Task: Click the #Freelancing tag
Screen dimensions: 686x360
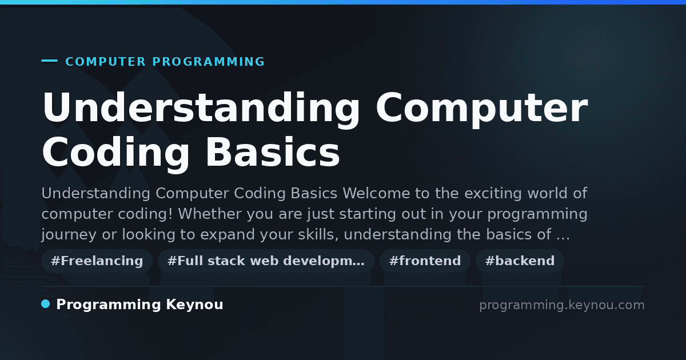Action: coord(97,261)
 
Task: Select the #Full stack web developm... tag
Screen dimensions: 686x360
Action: coord(266,261)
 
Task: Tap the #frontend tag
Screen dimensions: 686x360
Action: coord(425,261)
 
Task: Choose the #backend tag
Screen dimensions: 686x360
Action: coord(520,261)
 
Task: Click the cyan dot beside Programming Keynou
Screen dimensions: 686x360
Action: coord(45,304)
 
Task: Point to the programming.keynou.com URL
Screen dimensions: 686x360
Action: coord(562,305)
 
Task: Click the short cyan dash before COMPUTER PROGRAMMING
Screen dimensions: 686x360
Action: coord(49,61)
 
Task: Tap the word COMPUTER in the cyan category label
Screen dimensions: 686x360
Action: coord(106,62)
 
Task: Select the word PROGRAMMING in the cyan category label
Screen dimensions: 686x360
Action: coord(209,62)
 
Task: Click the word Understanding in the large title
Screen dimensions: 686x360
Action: coord(201,109)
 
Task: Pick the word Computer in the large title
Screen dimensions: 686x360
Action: coord(482,109)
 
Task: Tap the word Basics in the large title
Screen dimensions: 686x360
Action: coord(273,152)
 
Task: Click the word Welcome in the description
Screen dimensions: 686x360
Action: coord(376,194)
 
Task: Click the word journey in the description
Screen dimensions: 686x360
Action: coord(69,235)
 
